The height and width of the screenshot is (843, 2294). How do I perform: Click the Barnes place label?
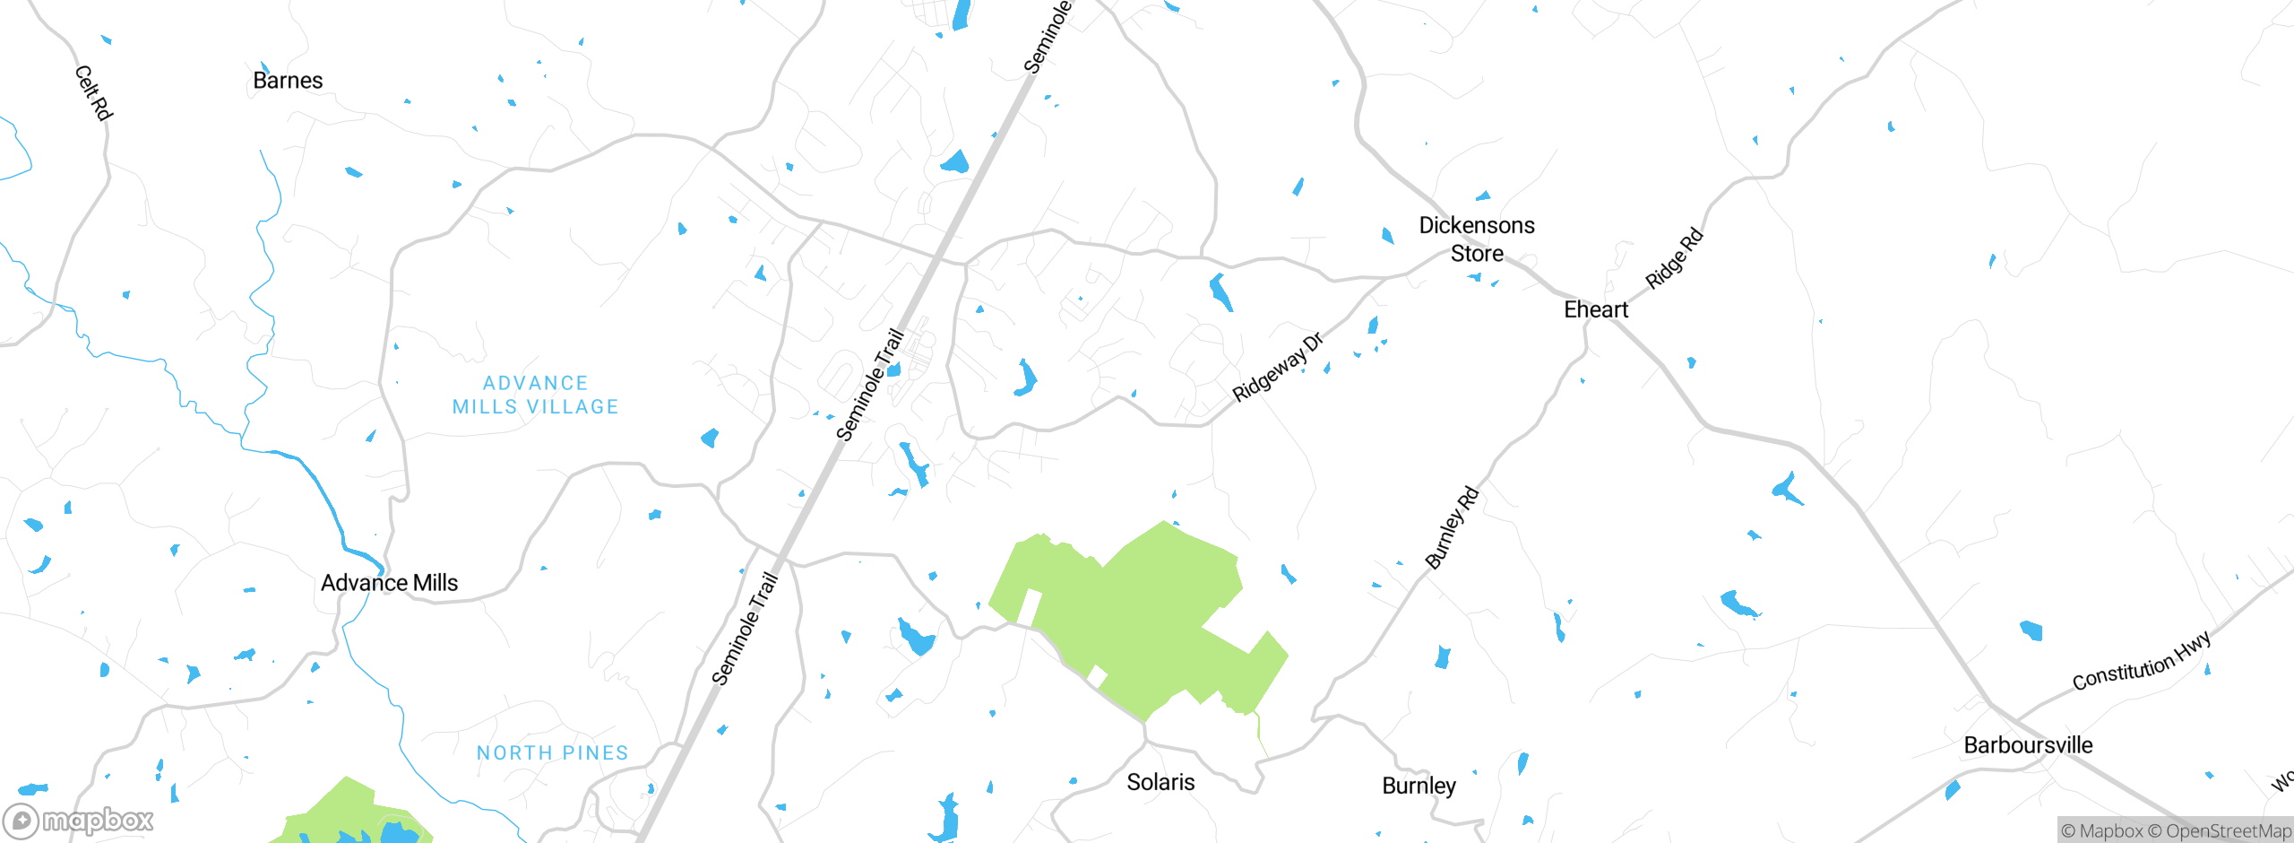click(288, 81)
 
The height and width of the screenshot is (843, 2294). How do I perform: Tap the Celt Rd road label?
click(93, 92)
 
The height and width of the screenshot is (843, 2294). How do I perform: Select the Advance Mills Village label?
click(536, 395)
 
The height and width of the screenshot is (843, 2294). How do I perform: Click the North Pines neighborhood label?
click(552, 753)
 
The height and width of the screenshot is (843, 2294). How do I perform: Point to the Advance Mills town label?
click(389, 583)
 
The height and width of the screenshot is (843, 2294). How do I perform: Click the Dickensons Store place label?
click(1477, 239)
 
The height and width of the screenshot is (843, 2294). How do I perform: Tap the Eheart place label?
click(1596, 309)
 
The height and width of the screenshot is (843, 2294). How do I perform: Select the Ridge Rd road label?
click(1674, 259)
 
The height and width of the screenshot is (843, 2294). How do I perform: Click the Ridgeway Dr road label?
click(1277, 368)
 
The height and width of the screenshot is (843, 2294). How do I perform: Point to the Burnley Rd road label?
click(1452, 528)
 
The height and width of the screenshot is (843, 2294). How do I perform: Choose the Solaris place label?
click(1160, 782)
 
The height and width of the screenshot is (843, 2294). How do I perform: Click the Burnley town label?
click(1419, 786)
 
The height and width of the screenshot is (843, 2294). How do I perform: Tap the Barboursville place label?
click(2028, 745)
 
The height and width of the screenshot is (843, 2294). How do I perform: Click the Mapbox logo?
click(79, 820)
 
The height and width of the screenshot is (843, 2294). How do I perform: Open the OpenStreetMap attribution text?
click(2228, 831)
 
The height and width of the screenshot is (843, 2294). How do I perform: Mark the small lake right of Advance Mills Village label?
click(710, 438)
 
